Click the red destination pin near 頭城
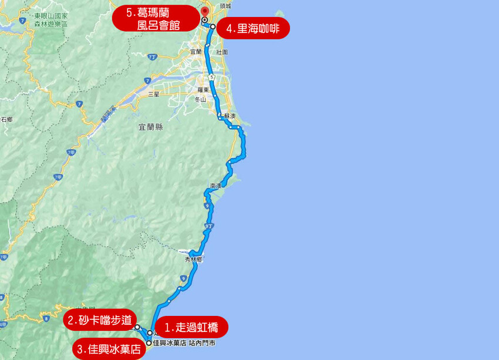(204, 12)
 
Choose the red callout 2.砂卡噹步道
(100, 321)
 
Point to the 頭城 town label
(225, 5)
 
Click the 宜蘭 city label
(196, 52)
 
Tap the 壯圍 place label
(222, 52)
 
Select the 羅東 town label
(204, 90)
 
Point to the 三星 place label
(154, 94)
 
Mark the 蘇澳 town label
(228, 116)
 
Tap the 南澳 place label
(215, 186)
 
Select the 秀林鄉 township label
(194, 258)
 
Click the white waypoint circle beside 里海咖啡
(213, 27)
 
